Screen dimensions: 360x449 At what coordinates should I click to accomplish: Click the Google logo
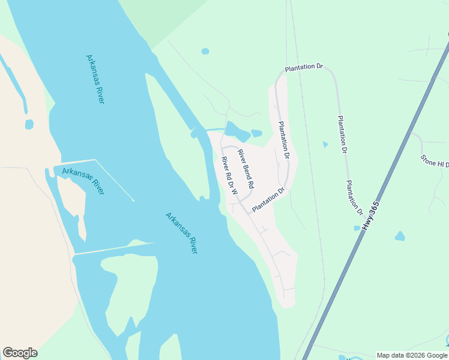20,353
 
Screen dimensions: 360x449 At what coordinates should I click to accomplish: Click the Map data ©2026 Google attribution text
412,355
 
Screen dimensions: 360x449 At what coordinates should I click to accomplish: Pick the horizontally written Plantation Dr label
304,68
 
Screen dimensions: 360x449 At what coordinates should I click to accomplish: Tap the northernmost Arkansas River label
95,79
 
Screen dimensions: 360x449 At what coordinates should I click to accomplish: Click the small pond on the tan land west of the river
29,124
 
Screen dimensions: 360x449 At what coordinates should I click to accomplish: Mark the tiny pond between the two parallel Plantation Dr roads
325,145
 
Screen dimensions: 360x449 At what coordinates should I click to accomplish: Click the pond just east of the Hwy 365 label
400,236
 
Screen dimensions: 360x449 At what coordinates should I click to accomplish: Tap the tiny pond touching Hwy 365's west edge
357,228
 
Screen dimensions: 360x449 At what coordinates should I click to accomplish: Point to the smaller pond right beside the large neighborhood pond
257,133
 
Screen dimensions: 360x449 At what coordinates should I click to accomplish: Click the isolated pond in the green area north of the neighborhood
205,52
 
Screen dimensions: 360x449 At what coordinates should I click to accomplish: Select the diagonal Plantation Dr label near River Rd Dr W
268,200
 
